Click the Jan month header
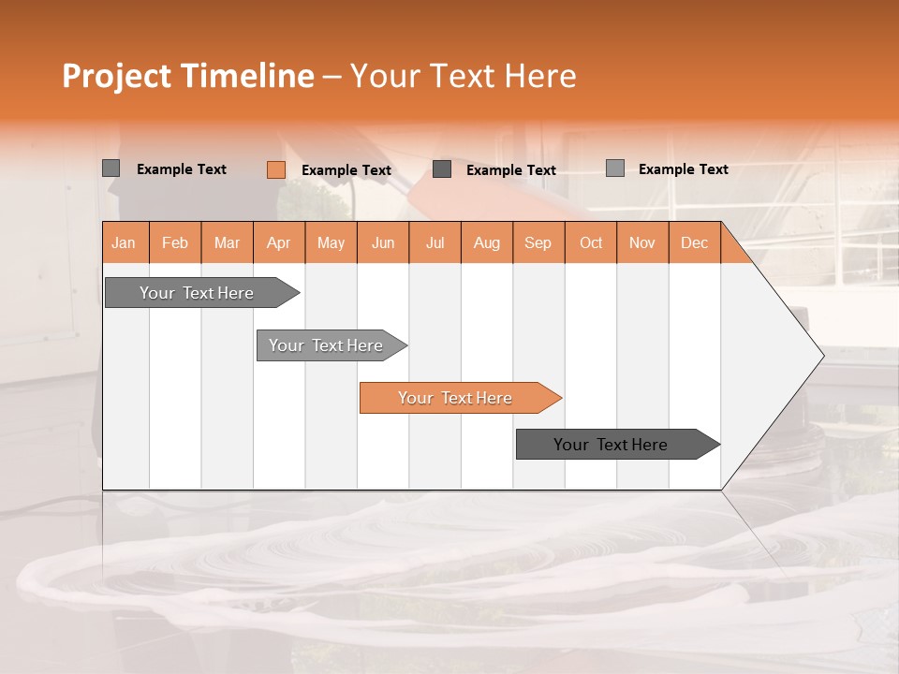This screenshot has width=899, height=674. (125, 243)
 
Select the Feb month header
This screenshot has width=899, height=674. (175, 243)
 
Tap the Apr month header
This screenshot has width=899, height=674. (279, 243)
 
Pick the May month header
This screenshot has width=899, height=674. (331, 243)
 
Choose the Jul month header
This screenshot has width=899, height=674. (435, 243)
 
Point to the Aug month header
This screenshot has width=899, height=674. (487, 243)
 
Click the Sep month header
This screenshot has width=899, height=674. (538, 243)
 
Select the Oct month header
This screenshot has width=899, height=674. (591, 243)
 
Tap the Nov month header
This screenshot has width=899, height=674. (642, 243)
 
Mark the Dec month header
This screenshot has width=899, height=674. (694, 243)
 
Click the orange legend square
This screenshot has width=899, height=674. (276, 169)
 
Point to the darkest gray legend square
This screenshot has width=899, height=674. (442, 169)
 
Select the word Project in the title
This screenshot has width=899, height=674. (117, 76)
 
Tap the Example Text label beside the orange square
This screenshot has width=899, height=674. (346, 170)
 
